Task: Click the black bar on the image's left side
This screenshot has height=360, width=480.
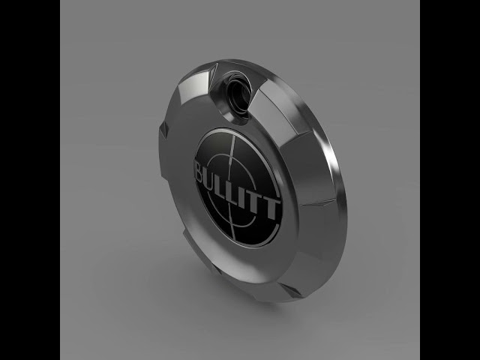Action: tap(30, 180)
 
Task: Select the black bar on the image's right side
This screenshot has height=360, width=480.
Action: tap(450, 180)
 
